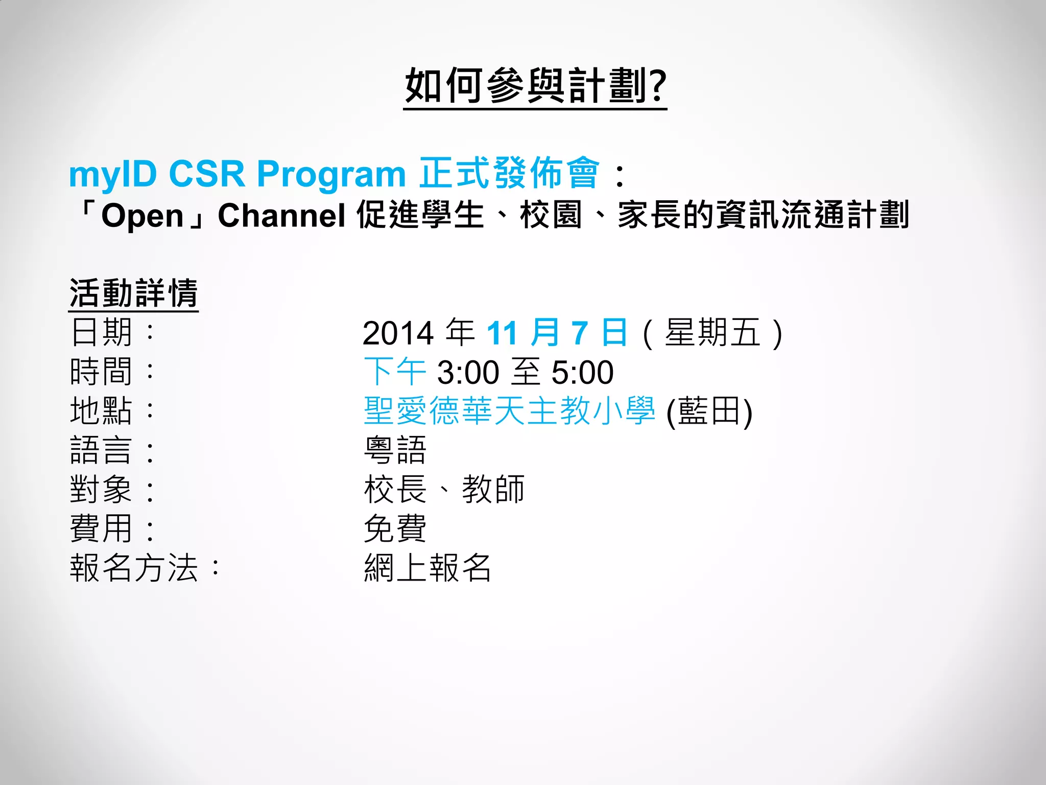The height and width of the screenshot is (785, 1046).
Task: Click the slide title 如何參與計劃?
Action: coord(535,86)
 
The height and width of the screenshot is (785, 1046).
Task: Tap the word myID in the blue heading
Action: coord(113,174)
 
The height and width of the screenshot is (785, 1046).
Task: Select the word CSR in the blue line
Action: coord(207,174)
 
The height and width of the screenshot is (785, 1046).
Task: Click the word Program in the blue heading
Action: coord(331,175)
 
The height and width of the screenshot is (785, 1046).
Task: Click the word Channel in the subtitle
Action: coord(281,215)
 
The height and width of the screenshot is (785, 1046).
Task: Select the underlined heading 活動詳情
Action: coord(133,293)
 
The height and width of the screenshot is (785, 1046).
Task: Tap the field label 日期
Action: coord(102,332)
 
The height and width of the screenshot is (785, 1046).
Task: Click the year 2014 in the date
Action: coord(398,333)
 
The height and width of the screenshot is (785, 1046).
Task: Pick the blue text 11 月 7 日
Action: coord(557,333)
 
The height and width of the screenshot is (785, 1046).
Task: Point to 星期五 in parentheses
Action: coord(712,333)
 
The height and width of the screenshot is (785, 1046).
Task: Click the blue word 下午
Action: coord(395,372)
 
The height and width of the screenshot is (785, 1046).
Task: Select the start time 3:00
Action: coord(468,373)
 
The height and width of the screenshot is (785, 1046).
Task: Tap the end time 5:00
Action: coord(582,373)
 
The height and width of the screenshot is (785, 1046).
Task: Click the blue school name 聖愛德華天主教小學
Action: coord(509,411)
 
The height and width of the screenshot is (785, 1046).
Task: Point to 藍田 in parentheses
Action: coord(709,411)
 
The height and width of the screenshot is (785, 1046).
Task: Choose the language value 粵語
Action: coord(395,450)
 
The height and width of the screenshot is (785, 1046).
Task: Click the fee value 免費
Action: coord(395,529)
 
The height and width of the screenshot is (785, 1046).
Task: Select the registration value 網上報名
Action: coord(427,568)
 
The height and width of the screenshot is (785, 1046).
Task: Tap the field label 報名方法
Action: coord(134,568)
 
